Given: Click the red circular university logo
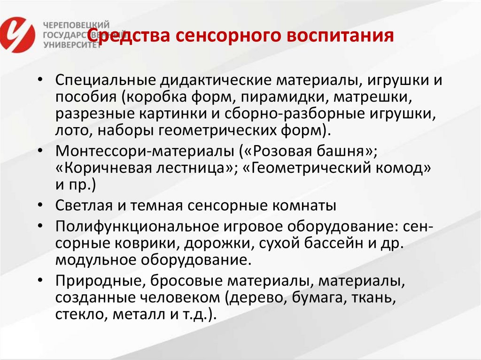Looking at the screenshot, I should click(x=17, y=34).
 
